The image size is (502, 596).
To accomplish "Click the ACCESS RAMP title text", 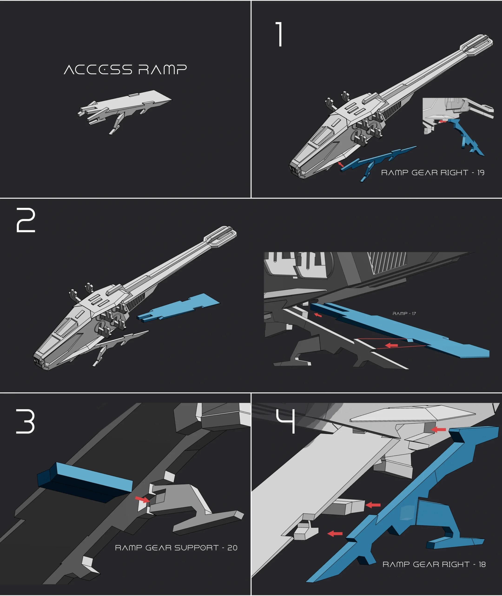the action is tap(125, 70).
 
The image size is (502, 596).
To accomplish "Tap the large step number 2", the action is tap(26, 220).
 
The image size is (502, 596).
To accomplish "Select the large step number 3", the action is tap(25, 422).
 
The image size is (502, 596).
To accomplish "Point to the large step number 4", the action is tap(286, 421).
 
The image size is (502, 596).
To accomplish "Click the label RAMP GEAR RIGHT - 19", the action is tap(433, 173).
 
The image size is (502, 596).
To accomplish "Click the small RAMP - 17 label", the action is tap(404, 314).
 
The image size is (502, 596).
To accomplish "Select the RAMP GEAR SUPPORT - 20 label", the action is tap(176, 548).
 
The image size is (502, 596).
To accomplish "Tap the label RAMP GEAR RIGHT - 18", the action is tap(434, 564).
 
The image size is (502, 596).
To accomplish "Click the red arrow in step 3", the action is tap(142, 499).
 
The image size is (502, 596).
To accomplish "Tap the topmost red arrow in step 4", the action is tap(439, 429).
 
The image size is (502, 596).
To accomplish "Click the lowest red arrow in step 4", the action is tap(335, 534).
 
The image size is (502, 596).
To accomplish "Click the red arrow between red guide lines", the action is tap(391, 345).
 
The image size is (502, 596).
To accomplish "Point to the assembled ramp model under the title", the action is tap(124, 110).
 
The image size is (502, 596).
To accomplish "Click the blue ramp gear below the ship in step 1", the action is tap(376, 161).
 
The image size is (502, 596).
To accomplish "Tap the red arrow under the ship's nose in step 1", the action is tap(341, 164).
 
